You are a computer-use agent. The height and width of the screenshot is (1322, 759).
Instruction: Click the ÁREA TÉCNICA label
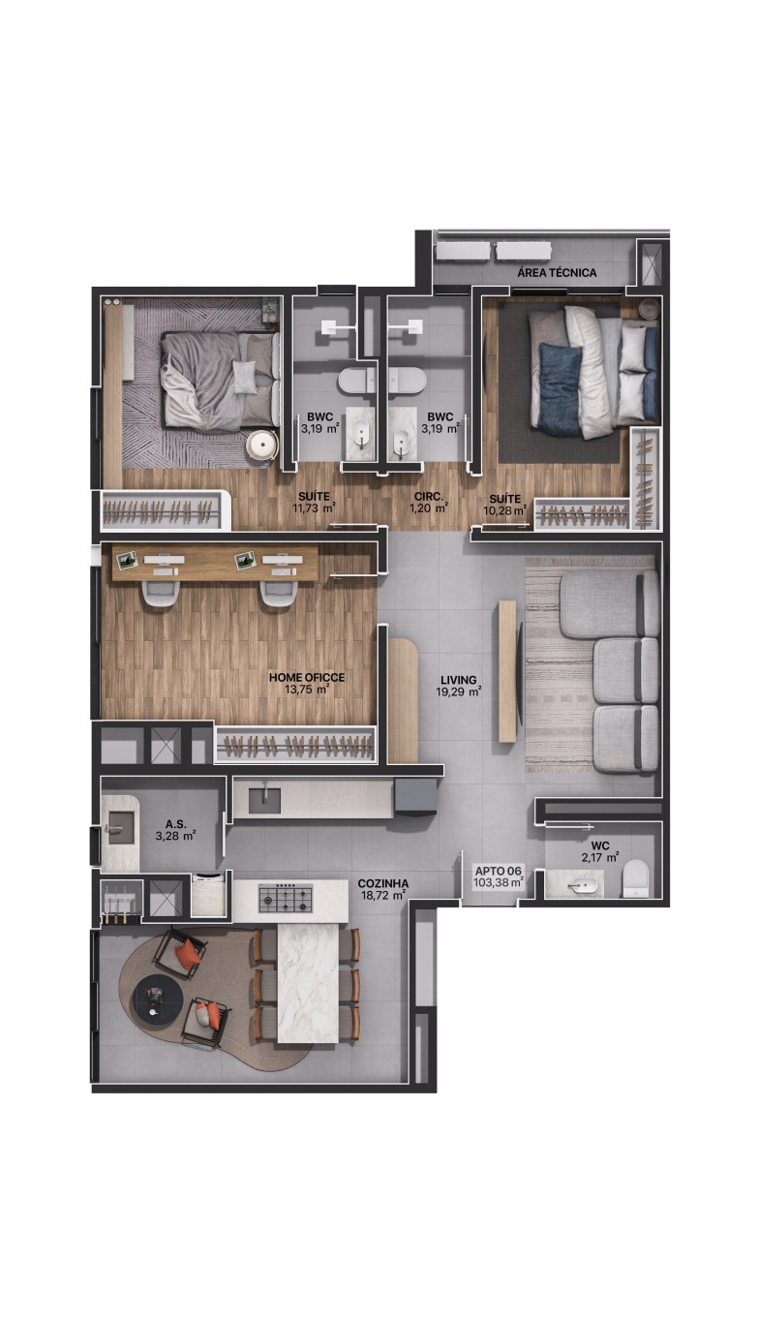pyautogui.click(x=557, y=272)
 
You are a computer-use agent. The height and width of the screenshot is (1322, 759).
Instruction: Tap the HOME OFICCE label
pyautogui.click(x=307, y=677)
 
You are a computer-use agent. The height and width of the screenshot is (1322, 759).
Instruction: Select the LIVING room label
pyautogui.click(x=458, y=680)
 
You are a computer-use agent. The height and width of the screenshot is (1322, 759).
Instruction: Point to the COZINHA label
pyautogui.click(x=383, y=883)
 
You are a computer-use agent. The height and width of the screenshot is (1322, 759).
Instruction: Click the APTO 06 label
pyautogui.click(x=499, y=871)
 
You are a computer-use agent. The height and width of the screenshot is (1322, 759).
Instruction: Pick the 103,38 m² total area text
pyautogui.click(x=499, y=882)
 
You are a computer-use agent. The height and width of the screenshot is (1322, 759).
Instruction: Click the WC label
pyautogui.click(x=600, y=845)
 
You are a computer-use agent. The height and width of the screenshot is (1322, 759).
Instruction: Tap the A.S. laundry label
pyautogui.click(x=176, y=824)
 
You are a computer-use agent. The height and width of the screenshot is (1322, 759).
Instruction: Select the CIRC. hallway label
pyautogui.click(x=429, y=497)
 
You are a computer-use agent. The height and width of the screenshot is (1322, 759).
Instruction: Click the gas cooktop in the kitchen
pyautogui.click(x=286, y=899)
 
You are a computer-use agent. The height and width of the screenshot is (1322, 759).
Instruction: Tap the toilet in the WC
pyautogui.click(x=635, y=878)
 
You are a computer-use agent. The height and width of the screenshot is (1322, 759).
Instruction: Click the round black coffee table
pyautogui.click(x=156, y=997)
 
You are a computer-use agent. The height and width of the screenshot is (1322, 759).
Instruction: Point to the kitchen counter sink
pyautogui.click(x=264, y=800)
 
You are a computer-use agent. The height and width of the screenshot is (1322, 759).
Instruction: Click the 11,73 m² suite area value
pyautogui.click(x=315, y=507)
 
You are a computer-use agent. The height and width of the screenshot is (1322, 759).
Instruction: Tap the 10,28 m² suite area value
pyautogui.click(x=505, y=509)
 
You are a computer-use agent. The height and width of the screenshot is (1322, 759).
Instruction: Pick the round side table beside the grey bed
pyautogui.click(x=261, y=445)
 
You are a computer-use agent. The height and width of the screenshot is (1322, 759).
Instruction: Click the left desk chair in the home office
pyautogui.click(x=160, y=592)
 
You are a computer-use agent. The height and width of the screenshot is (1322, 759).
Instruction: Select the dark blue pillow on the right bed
pyautogui.click(x=559, y=389)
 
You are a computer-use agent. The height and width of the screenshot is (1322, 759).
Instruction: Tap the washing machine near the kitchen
pyautogui.click(x=209, y=895)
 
